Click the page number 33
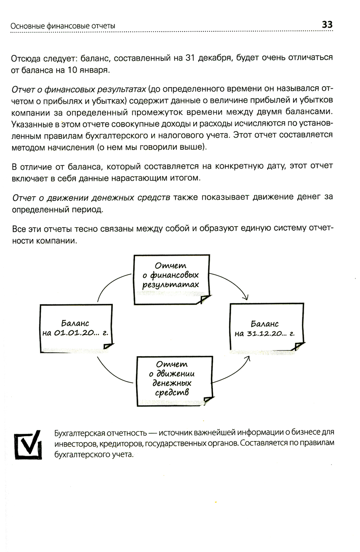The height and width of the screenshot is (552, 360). (x=327, y=25)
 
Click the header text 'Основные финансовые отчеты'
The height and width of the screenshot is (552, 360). (x=63, y=26)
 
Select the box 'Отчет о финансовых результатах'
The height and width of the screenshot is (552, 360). (x=171, y=279)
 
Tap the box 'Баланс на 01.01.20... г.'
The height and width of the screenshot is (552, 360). (x=75, y=328)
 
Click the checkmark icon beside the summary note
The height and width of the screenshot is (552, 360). (x=28, y=444)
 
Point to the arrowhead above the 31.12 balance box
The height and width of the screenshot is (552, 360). (x=246, y=298)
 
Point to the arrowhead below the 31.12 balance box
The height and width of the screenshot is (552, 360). (x=248, y=359)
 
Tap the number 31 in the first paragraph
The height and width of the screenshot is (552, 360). (x=190, y=58)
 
